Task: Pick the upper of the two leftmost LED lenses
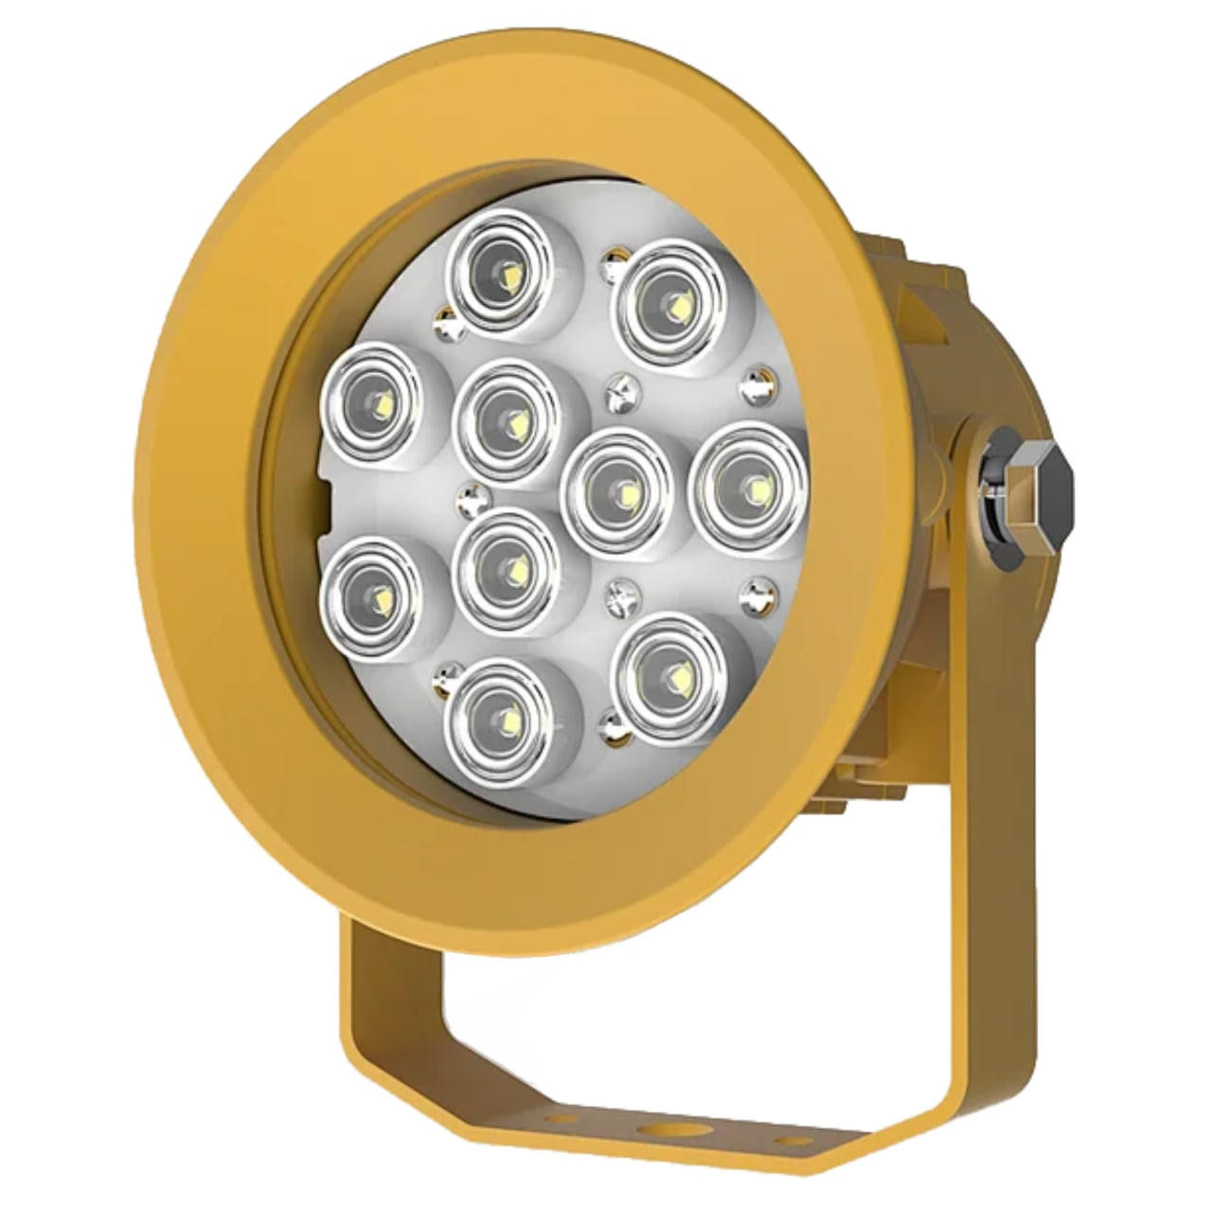click(x=373, y=401)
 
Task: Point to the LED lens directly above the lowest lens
click(x=506, y=566)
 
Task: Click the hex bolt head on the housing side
click(x=1040, y=492)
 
